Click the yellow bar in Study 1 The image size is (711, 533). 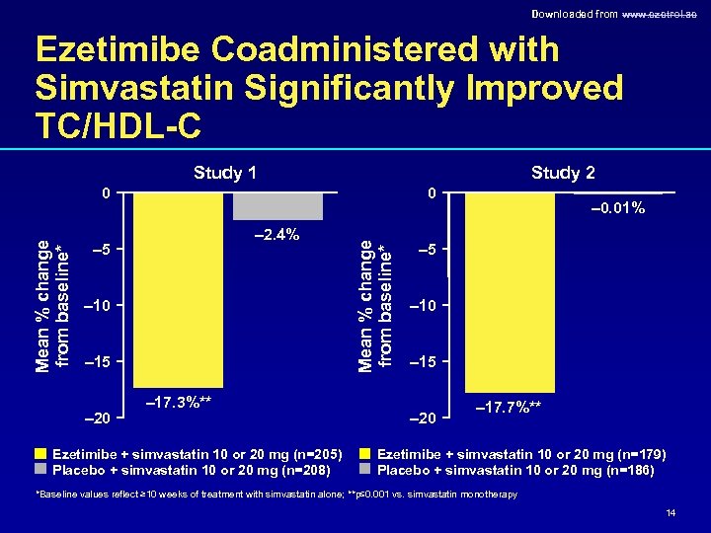coord(178,288)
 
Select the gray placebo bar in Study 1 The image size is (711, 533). coord(277,205)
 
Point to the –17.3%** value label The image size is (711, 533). coord(179,402)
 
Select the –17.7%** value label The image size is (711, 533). coord(509,406)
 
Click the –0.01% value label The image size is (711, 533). coord(617,208)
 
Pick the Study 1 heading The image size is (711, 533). coord(225,174)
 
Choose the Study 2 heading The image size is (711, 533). coord(563,174)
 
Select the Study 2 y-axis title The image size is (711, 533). coord(376,305)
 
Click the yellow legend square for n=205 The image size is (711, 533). coord(40,454)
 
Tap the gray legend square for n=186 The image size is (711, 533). coord(366,470)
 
